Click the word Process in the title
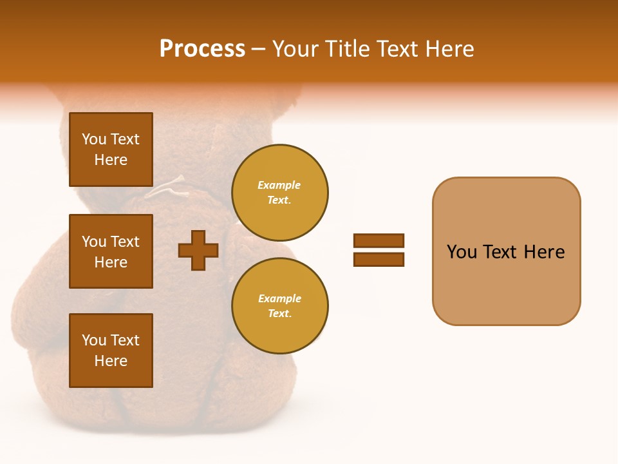point(202,49)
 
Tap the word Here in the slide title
point(449,49)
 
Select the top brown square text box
point(111,150)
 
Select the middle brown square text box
point(111,251)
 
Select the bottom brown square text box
point(111,350)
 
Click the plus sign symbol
point(198,250)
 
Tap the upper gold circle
point(280,193)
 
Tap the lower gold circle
point(280,306)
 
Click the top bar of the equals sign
point(379,240)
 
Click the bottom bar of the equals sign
point(379,259)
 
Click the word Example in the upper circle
point(279,185)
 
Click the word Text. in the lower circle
point(279,314)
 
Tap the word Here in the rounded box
point(545,252)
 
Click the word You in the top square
point(94,139)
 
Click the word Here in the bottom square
point(111,361)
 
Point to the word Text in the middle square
point(125,242)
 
